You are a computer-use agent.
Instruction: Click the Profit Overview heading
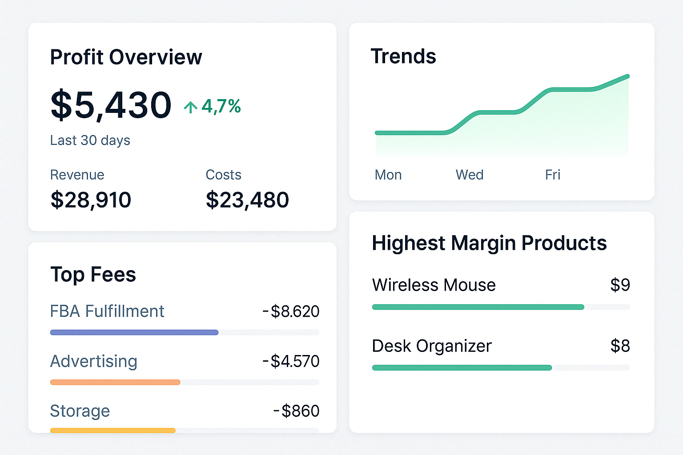click(x=126, y=57)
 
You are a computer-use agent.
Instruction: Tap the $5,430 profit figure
click(x=111, y=105)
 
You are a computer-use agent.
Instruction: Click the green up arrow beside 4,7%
click(x=191, y=107)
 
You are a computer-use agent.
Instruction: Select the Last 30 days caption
click(x=90, y=140)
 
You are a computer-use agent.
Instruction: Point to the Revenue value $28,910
click(x=91, y=200)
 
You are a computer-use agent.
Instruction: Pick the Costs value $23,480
click(x=247, y=200)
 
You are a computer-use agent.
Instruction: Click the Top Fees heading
click(x=93, y=275)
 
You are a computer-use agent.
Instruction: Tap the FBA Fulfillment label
click(x=107, y=311)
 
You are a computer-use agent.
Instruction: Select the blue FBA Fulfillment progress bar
click(x=134, y=332)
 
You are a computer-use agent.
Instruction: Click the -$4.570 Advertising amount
click(x=291, y=361)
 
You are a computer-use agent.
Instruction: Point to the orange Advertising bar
click(x=115, y=382)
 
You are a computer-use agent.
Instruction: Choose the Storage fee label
click(x=80, y=411)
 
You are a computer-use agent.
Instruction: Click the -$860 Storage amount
click(x=297, y=411)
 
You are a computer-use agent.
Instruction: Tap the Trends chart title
click(x=403, y=56)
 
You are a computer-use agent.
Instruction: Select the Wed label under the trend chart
click(x=470, y=175)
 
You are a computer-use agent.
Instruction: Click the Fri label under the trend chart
click(x=553, y=175)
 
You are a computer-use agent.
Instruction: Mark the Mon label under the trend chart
click(x=388, y=175)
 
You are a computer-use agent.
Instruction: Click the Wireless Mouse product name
click(x=434, y=285)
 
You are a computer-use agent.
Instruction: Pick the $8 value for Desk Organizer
click(x=620, y=346)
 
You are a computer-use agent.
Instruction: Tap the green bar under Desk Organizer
click(x=462, y=367)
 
